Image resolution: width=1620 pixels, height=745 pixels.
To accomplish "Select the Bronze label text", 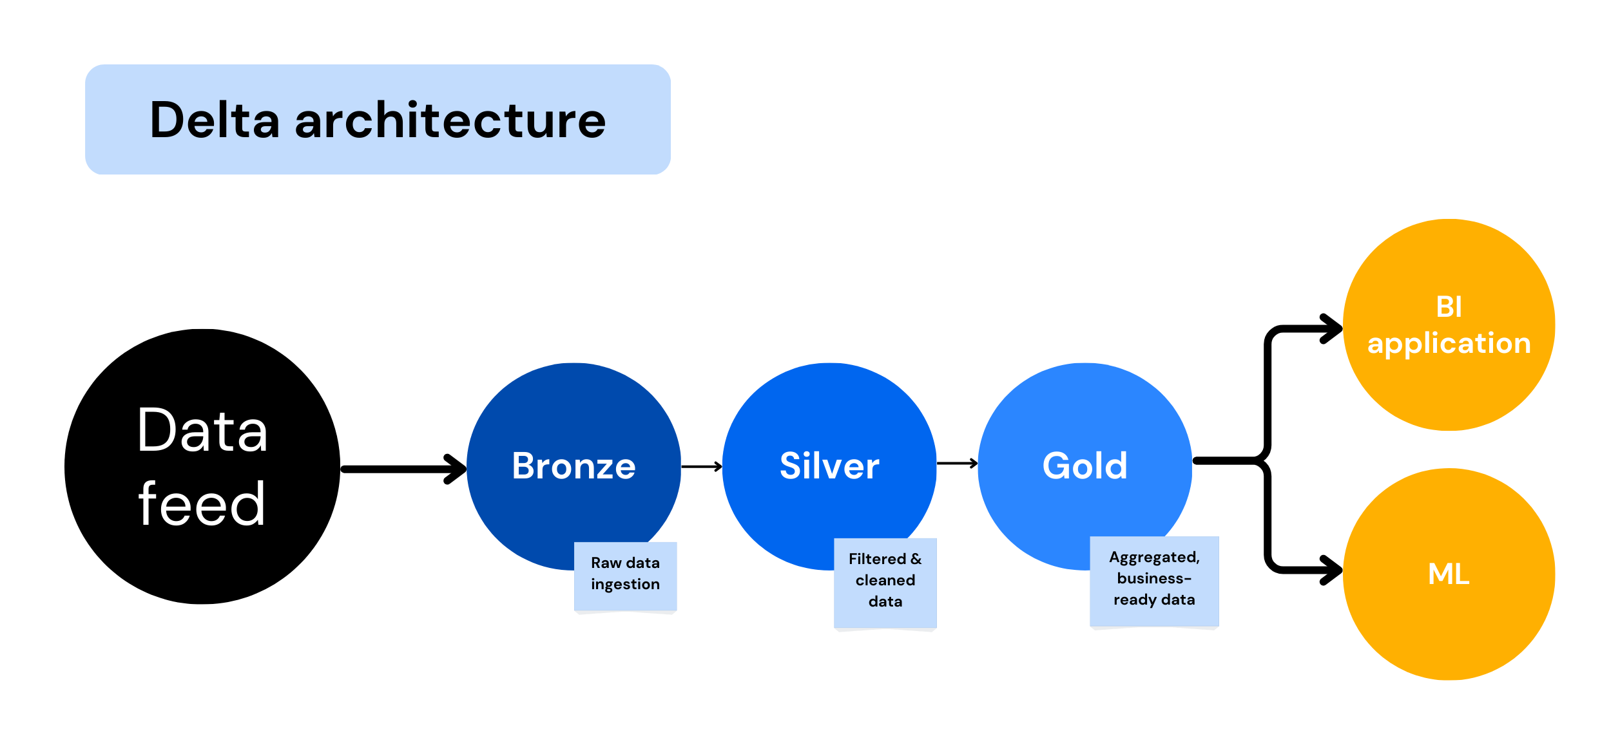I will click(x=574, y=466).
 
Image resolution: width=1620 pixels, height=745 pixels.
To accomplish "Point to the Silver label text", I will click(x=829, y=466).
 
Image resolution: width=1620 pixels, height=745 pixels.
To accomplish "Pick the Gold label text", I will click(x=1085, y=466).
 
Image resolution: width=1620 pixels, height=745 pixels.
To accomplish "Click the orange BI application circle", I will click(x=1449, y=386).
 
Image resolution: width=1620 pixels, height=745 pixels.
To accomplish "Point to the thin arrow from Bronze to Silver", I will click(x=701, y=466).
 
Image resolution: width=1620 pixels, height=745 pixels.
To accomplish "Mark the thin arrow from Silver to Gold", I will click(x=957, y=463).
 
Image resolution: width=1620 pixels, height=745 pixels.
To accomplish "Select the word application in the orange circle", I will click(x=1449, y=344).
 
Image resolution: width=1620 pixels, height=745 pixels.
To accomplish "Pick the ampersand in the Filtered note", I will click(x=916, y=559).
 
